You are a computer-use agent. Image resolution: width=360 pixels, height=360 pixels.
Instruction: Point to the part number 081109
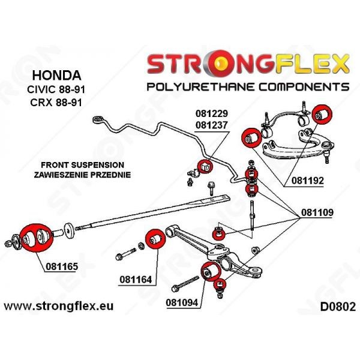[306, 212]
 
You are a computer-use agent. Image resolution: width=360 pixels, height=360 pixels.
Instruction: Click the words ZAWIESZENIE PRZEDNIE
[83, 175]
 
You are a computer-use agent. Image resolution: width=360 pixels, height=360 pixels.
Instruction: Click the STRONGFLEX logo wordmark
[248, 63]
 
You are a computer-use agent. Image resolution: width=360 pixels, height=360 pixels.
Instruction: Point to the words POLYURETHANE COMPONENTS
[248, 86]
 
